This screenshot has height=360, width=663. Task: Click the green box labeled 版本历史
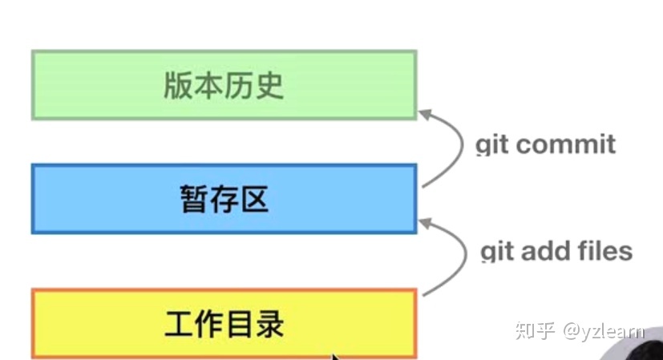coord(224,84)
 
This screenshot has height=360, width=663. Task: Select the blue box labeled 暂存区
coord(224,199)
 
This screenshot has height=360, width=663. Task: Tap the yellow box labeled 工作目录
coord(224,324)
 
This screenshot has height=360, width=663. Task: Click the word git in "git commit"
coord(493,145)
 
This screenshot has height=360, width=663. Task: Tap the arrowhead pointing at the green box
coord(424,114)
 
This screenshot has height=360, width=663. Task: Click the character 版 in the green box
coord(178,85)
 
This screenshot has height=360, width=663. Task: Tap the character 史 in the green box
coord(269,85)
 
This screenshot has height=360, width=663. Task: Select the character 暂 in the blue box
coord(193,200)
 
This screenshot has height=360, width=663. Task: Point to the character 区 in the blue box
coord(254,200)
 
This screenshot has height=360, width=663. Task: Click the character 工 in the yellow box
coord(179,325)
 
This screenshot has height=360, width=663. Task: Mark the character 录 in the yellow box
coord(269,325)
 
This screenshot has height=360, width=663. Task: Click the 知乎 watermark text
coord(533,330)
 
